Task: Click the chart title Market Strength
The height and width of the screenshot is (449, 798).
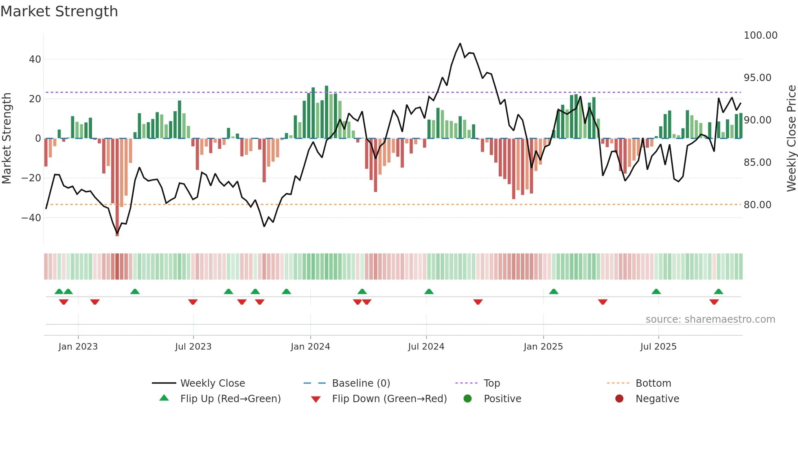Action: pyautogui.click(x=59, y=11)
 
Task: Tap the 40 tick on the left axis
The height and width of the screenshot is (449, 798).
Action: pyautogui.click(x=35, y=59)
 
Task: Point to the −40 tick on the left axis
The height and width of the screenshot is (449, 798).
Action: pyautogui.click(x=32, y=218)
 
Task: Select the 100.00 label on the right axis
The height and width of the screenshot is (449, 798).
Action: pyautogui.click(x=760, y=35)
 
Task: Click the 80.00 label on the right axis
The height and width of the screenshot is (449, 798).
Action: pyautogui.click(x=757, y=205)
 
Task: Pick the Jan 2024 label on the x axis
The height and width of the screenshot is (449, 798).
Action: pyautogui.click(x=310, y=347)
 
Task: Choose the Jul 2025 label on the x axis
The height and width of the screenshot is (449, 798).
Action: pyautogui.click(x=658, y=347)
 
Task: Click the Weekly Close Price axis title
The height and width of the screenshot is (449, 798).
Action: pyautogui.click(x=791, y=139)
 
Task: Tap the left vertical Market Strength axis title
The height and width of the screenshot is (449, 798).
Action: pyautogui.click(x=7, y=139)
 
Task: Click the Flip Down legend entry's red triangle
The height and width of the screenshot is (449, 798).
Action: pyautogui.click(x=316, y=399)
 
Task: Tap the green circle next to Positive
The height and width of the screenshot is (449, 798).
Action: pyautogui.click(x=467, y=399)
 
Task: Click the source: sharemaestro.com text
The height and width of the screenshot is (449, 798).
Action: pyautogui.click(x=710, y=319)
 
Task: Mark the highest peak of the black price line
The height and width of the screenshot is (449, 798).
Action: pyautogui.click(x=460, y=44)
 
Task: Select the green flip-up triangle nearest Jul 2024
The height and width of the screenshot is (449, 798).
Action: pyautogui.click(x=429, y=291)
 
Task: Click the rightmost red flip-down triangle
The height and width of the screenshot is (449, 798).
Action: pyautogui.click(x=714, y=302)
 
